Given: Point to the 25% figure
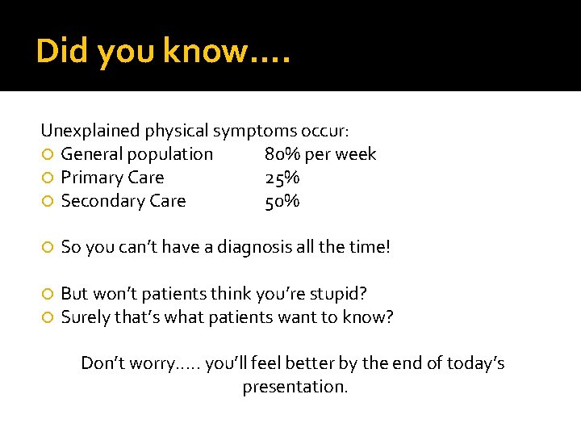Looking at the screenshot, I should click(x=282, y=178).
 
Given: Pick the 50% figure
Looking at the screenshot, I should click(x=282, y=201).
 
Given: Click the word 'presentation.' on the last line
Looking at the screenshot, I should click(x=295, y=387).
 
